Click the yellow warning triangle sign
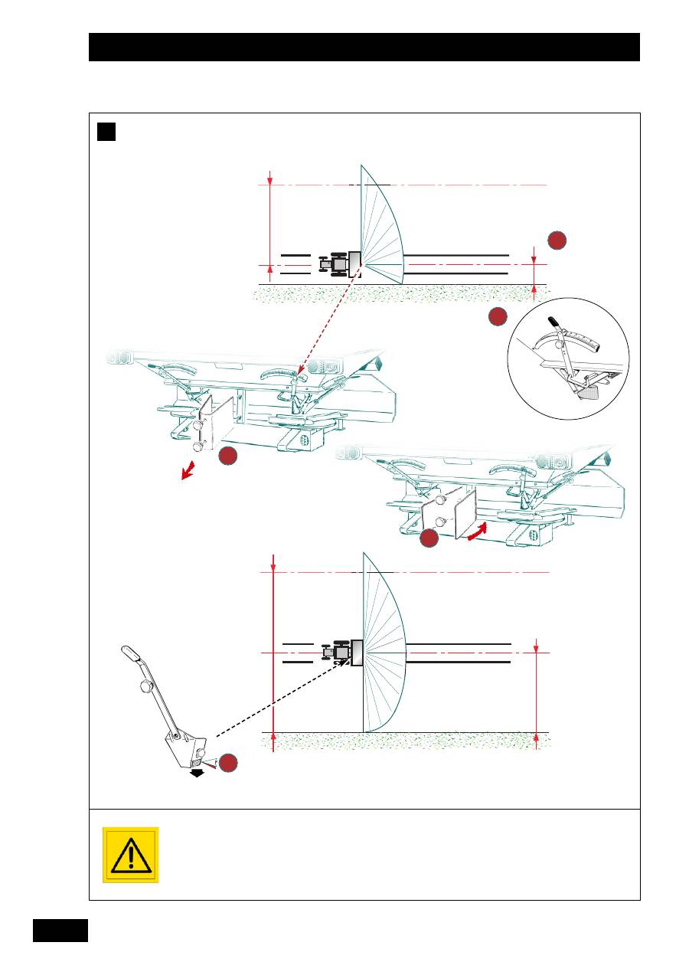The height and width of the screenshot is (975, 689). point(130,855)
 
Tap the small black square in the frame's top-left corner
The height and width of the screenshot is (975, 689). point(106,132)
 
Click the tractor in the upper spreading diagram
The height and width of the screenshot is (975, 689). point(334,264)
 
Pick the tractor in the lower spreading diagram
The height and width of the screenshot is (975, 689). point(336,652)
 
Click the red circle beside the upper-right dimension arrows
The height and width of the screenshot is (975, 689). point(557,240)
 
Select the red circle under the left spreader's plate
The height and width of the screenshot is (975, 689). point(228,457)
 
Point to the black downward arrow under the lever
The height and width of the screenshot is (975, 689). point(198,774)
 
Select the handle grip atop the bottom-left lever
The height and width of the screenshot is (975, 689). point(132,653)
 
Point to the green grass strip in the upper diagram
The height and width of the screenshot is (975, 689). point(398,293)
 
